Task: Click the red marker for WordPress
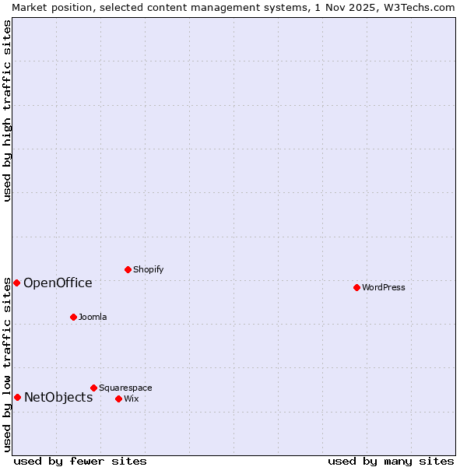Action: coord(356,287)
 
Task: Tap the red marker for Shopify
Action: coord(128,269)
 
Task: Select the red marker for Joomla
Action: coord(73,317)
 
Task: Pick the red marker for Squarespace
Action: coord(93,388)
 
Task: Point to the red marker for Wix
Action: coord(118,399)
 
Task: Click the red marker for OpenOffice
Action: coord(16,283)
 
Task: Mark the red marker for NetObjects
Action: coord(17,397)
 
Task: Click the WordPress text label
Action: coord(384,287)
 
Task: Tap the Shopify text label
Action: coord(148,269)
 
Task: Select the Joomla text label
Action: coord(93,317)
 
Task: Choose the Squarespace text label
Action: coord(125,388)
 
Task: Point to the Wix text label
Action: coord(131,399)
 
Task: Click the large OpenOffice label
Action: coord(58,283)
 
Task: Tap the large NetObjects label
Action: coord(58,397)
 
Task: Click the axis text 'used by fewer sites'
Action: coord(80,461)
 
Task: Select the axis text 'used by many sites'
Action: coord(391,461)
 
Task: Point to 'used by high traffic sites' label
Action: coord(7,111)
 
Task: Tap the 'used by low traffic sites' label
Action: coord(7,364)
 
